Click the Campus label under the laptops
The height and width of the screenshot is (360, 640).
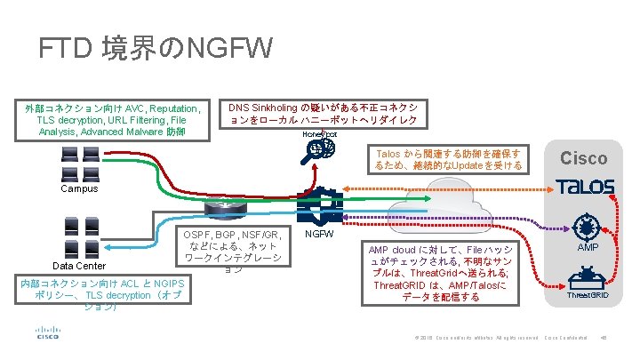(80, 188)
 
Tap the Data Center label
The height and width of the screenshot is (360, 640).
(80, 266)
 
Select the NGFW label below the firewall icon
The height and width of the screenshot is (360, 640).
(319, 234)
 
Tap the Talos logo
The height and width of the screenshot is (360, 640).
(584, 187)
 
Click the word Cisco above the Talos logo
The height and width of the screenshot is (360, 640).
(583, 158)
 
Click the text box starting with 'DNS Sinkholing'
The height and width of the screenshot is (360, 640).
(324, 112)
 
